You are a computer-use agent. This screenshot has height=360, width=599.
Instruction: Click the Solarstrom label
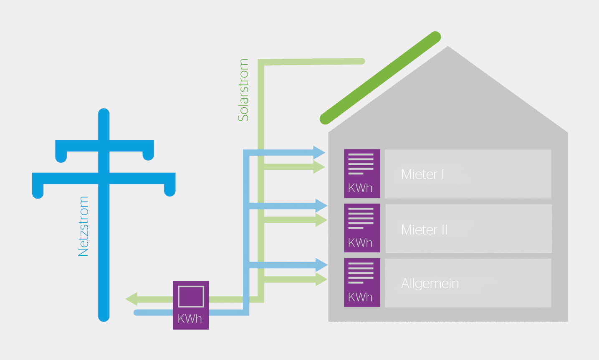coord(243,90)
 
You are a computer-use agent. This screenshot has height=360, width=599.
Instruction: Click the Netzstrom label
coord(83,227)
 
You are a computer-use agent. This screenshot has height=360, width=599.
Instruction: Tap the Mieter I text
coord(422,174)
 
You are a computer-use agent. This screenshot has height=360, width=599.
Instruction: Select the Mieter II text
coord(424,229)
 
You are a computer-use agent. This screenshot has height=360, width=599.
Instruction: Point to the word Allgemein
coord(430,284)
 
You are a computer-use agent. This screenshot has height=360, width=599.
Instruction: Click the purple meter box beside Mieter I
coord(362,173)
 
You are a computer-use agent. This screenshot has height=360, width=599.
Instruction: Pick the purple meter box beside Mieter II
coord(362,228)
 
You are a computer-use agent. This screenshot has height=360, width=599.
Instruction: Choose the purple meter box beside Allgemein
coord(362,282)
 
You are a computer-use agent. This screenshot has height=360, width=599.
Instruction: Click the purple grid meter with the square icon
coord(191,305)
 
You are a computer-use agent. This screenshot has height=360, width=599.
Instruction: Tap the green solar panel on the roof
coord(380,78)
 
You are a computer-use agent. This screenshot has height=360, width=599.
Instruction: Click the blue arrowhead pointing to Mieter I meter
coord(319,152)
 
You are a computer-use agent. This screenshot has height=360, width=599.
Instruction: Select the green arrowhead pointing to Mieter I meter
coord(319,167)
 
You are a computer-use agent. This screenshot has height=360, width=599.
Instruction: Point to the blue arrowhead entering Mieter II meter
coord(321,205)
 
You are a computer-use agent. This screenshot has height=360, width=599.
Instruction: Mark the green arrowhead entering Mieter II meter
coord(321,220)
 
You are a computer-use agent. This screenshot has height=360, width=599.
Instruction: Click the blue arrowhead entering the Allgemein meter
coord(321,264)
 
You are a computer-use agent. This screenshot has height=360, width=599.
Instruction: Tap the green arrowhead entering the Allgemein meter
coord(321,279)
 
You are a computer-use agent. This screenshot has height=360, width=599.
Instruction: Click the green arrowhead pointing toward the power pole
coord(131,299)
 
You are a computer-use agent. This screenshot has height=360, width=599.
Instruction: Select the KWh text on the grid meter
coord(190,319)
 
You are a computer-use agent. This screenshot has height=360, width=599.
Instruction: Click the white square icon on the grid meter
coord(191,296)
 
